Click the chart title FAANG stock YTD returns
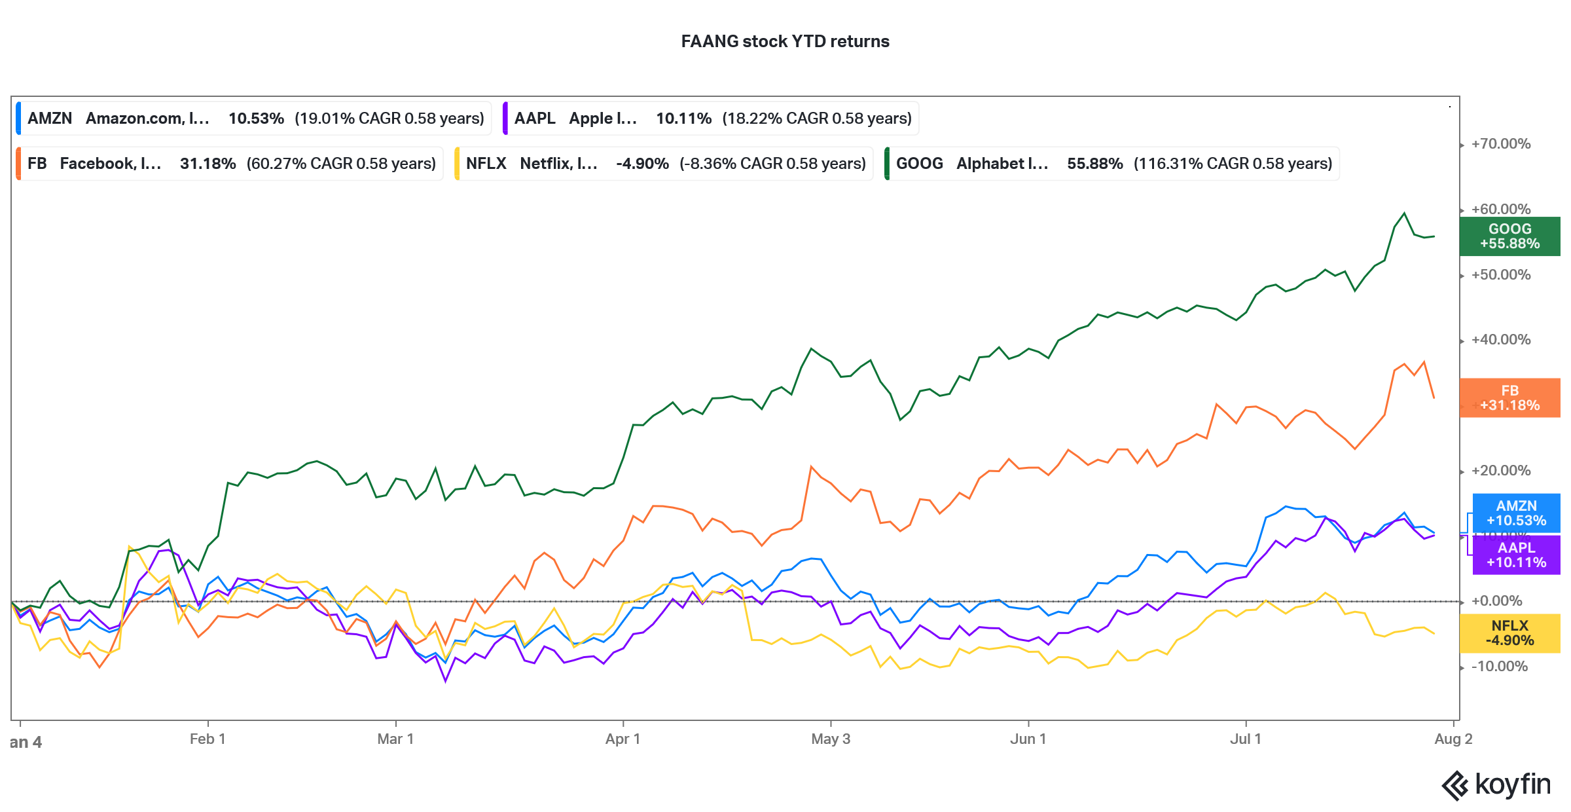[785, 41]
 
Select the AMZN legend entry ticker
[50, 119]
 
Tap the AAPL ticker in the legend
[534, 119]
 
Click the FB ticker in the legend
[37, 164]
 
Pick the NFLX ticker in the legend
[486, 164]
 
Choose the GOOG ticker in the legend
[919, 164]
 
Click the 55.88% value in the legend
[1094, 164]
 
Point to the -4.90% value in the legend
[642, 164]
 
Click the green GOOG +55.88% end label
[1509, 236]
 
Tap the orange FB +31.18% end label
[1509, 398]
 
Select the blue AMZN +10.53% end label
[1516, 513]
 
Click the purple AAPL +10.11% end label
[1516, 555]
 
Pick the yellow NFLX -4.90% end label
[1509, 633]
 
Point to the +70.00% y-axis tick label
[1500, 144]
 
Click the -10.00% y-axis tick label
[1499, 667]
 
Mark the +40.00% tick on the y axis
[1500, 340]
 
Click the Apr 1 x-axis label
[623, 739]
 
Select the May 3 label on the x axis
[830, 739]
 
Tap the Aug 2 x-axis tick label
[1453, 739]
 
